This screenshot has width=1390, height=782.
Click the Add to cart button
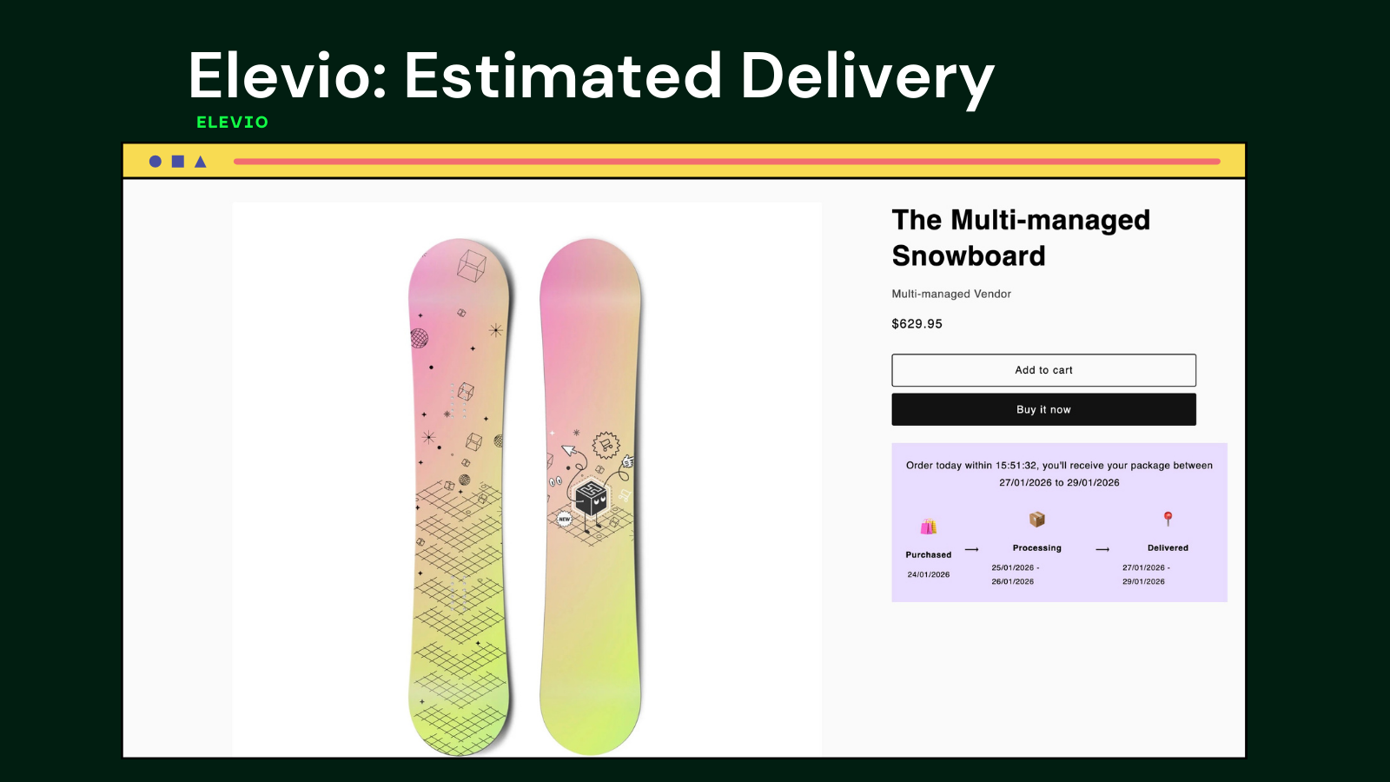pyautogui.click(x=1043, y=370)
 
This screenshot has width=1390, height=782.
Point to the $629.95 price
pyautogui.click(x=917, y=324)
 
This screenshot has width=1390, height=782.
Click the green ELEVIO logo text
pyautogui.click(x=232, y=123)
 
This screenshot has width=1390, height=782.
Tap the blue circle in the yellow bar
pyautogui.click(x=156, y=162)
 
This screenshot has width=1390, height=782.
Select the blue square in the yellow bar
pyautogui.click(x=178, y=162)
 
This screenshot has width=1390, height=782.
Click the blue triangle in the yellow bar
pyautogui.click(x=201, y=162)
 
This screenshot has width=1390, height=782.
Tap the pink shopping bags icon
pyautogui.click(x=929, y=527)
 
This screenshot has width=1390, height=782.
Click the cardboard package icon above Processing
pyautogui.click(x=1037, y=519)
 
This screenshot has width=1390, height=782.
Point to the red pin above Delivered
pyautogui.click(x=1168, y=518)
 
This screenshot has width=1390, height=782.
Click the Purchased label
pyautogui.click(x=929, y=555)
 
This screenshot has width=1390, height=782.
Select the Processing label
pyautogui.click(x=1037, y=548)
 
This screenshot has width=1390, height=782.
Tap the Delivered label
pyautogui.click(x=1168, y=548)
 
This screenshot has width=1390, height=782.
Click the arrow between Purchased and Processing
pyautogui.click(x=972, y=550)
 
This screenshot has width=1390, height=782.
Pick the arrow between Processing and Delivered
pyautogui.click(x=1102, y=549)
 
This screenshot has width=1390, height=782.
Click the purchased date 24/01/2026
pyautogui.click(x=929, y=574)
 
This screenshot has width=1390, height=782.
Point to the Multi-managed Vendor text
pyautogui.click(x=951, y=295)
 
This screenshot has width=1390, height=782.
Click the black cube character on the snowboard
pyautogui.click(x=590, y=499)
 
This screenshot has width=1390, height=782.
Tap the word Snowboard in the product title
pyautogui.click(x=969, y=255)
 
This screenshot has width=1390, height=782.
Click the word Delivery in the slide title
pyautogui.click(x=868, y=77)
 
